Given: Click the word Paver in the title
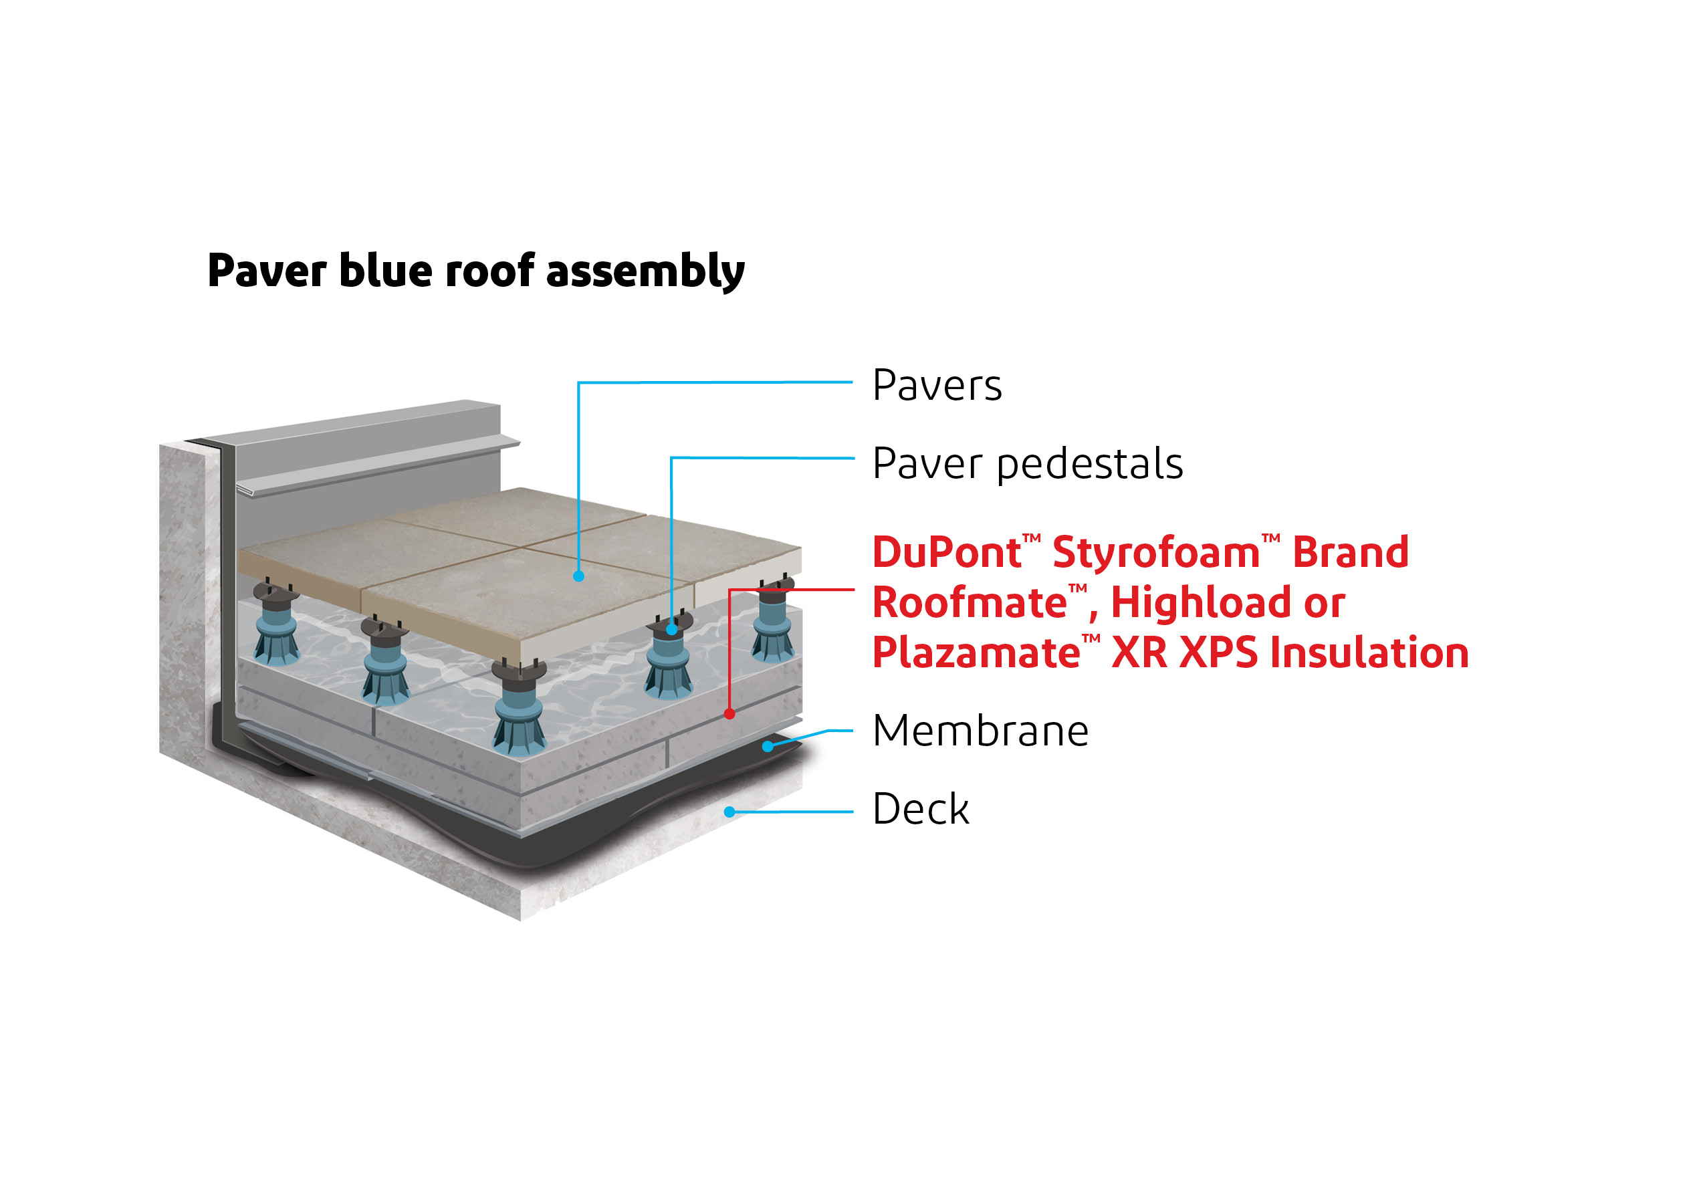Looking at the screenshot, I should [267, 271].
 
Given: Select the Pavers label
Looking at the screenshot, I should [937, 386].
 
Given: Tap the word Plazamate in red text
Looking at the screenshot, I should [976, 653].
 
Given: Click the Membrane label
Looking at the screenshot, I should [980, 731].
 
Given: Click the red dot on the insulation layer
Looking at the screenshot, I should [729, 714].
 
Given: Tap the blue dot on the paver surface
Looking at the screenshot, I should [579, 576].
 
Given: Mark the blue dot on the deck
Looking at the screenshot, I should [729, 812].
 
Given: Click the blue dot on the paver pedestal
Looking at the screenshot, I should [671, 630].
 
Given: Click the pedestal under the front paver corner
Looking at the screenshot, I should [520, 709].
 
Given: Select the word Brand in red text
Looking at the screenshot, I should [1351, 553].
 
